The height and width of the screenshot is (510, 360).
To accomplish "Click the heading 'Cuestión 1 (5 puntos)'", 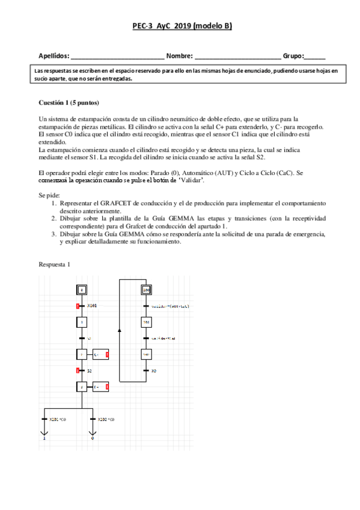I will tap(68, 103).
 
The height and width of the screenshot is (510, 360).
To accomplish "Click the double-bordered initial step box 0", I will tap(82, 290).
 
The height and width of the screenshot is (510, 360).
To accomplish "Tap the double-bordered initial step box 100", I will tap(145, 290).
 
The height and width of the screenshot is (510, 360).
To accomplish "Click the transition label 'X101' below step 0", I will tap(92, 306).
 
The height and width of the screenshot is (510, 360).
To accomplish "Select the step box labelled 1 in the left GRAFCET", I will tap(82, 322).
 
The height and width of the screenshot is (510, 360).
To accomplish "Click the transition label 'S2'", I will tap(90, 370).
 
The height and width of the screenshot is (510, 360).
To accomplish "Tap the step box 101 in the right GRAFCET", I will tap(145, 322).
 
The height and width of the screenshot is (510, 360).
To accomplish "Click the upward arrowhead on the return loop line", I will tap(120, 330).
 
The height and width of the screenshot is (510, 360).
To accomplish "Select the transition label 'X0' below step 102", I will tap(154, 370).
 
